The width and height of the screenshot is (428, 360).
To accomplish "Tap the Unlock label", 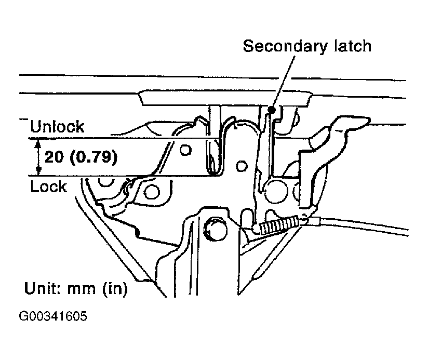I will [x=57, y=127].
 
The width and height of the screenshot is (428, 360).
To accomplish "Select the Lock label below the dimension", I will [x=48, y=186].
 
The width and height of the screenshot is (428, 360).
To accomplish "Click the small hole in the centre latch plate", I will [x=239, y=166].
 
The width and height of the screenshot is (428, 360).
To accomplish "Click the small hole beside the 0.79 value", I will [x=184, y=151].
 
